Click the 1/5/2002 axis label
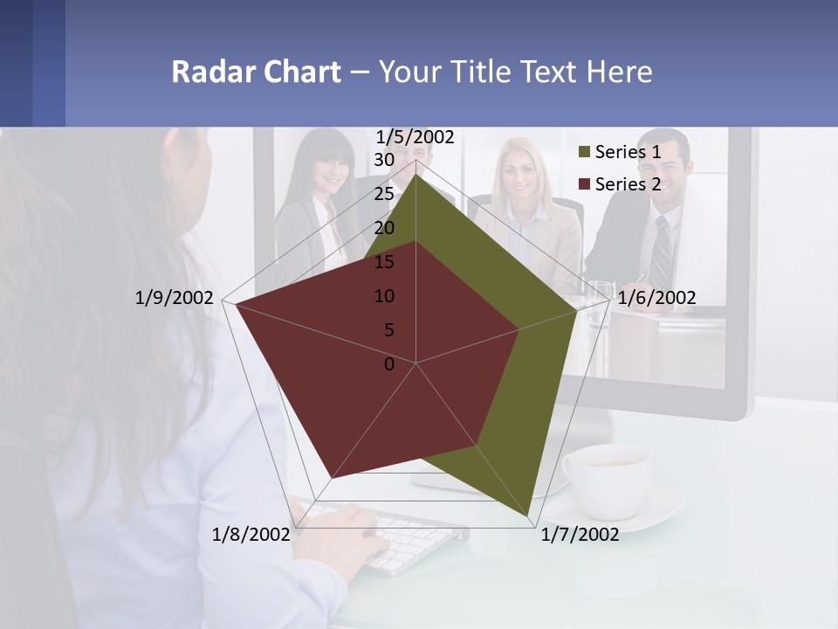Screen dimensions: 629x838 415,137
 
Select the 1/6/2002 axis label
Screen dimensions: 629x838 656,298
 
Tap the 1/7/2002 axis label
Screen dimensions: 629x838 580,535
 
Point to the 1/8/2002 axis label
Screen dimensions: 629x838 251,535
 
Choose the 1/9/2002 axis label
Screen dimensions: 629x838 174,298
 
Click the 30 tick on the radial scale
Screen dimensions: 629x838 384,160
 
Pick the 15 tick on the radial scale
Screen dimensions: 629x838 384,262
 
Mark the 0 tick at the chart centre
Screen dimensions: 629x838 389,364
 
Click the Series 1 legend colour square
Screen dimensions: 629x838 585,153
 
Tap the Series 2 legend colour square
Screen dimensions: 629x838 585,184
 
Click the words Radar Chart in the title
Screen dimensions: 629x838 255,72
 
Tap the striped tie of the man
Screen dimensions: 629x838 662,249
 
